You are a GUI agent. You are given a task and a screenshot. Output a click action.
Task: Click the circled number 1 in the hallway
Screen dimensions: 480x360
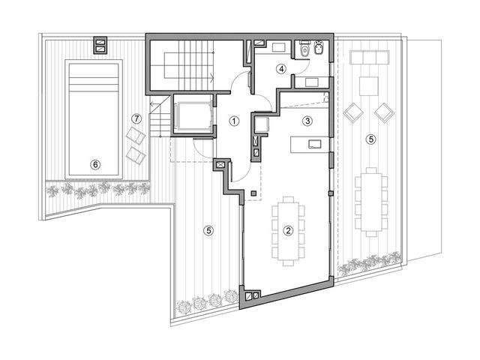234,121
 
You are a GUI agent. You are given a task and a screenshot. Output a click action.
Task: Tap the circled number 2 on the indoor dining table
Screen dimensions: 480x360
288,230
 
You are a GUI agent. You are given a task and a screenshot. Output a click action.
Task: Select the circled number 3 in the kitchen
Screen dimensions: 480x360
307,121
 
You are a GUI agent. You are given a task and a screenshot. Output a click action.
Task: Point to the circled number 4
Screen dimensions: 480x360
280,69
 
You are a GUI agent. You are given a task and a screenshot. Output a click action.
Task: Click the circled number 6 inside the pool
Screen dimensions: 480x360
95,165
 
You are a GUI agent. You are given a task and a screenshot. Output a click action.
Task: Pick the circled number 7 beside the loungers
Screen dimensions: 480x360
136,118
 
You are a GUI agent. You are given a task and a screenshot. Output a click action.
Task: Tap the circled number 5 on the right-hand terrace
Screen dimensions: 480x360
371,139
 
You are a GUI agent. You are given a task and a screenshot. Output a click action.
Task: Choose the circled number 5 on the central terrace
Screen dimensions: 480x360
208,230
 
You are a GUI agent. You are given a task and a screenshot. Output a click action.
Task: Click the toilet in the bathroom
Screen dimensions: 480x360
304,50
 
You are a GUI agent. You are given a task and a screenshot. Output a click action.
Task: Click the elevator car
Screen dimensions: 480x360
193,115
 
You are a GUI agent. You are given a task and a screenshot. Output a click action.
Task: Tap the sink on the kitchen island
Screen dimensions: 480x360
315,144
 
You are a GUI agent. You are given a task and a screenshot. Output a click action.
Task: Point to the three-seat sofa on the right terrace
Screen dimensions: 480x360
370,57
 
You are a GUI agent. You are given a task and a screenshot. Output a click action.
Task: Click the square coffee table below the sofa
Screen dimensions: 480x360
369,86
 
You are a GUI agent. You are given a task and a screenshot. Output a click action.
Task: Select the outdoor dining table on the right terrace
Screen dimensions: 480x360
371,202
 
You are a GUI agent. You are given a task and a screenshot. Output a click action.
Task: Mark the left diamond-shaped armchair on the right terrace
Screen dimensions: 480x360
353,113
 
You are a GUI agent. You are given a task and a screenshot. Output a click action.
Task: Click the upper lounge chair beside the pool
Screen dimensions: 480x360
136,136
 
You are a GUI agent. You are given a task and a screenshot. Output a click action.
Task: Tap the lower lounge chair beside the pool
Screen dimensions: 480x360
136,155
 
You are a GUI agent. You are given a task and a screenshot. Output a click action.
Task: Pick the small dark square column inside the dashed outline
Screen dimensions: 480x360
253,193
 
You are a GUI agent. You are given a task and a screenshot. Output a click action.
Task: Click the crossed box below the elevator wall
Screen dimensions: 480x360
220,165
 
